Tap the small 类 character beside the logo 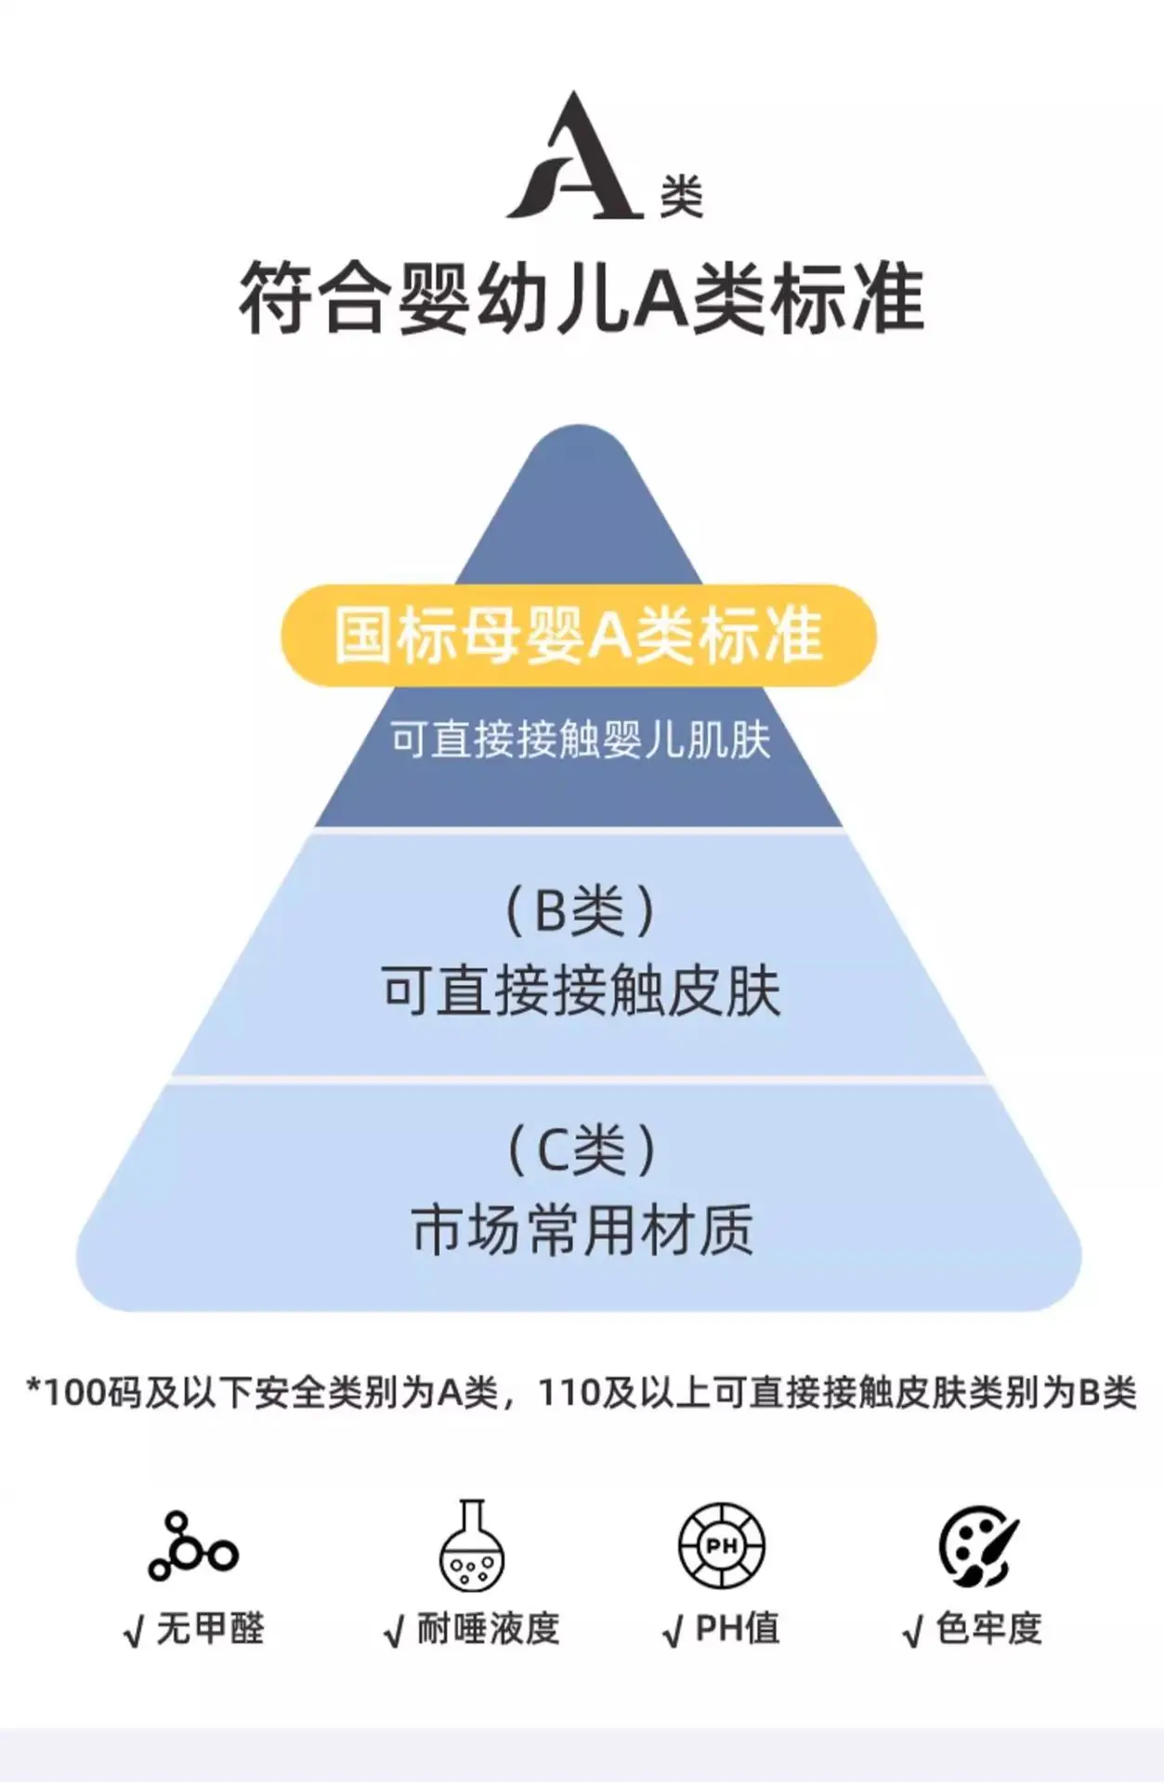pos(681,196)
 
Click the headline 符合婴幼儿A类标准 pos(582,298)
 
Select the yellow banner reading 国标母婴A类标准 pos(579,636)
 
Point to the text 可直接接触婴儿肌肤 pos(581,740)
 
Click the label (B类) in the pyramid pos(580,911)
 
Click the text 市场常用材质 pos(582,1230)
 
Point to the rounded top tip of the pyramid pos(580,427)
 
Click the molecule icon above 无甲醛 pos(193,1547)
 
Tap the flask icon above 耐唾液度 pos(472,1544)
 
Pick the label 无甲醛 pos(211,1629)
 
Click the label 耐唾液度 pos(488,1629)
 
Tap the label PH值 pos(738,1629)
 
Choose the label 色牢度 pos(989,1629)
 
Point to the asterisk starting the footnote pos(34,1387)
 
